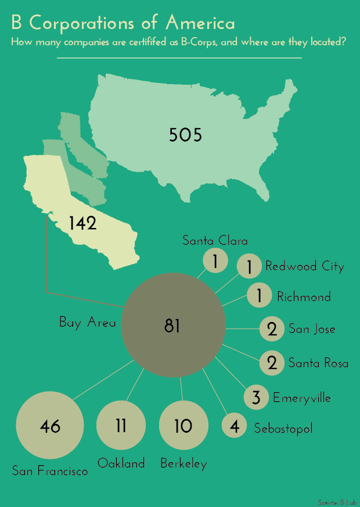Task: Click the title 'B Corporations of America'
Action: click(x=123, y=23)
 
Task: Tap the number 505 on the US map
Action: click(x=185, y=135)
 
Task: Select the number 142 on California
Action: click(x=82, y=223)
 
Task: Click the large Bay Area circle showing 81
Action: click(x=173, y=326)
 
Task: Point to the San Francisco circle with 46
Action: click(x=51, y=426)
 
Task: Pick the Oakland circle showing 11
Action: click(x=121, y=426)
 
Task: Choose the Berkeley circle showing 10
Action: click(x=183, y=426)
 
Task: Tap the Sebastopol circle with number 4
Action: click(x=235, y=428)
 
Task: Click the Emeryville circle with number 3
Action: click(x=256, y=397)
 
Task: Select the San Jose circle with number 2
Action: click(x=272, y=329)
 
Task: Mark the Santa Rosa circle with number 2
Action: click(x=272, y=363)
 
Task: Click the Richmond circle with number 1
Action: click(x=259, y=296)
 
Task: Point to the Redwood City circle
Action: click(x=250, y=267)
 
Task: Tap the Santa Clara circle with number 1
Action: click(x=215, y=262)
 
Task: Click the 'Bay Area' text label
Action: click(x=87, y=323)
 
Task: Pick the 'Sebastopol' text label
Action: click(x=283, y=429)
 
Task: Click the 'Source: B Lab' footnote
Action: click(x=337, y=501)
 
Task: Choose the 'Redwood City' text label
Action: click(x=305, y=266)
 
